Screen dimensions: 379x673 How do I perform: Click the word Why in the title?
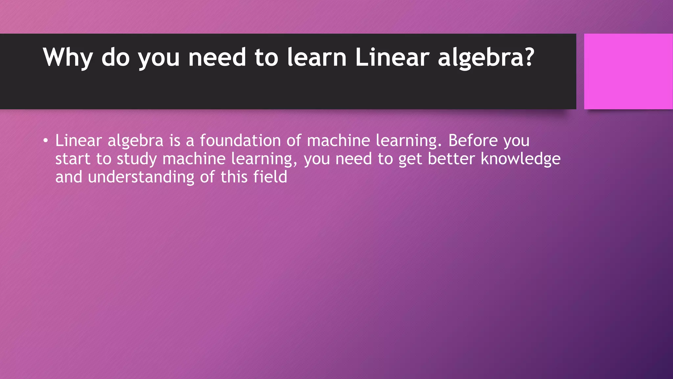click(x=68, y=58)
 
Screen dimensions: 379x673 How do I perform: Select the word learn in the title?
click(x=317, y=58)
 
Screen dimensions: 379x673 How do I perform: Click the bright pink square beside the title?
click(x=628, y=71)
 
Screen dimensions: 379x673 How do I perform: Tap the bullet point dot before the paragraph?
click(x=45, y=141)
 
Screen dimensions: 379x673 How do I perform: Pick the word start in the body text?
click(x=73, y=159)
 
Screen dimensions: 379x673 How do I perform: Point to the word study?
click(x=137, y=160)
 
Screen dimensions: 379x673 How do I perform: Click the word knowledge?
click(x=521, y=159)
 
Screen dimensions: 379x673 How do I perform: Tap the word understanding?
click(x=141, y=177)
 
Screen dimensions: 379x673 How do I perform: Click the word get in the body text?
click(x=410, y=160)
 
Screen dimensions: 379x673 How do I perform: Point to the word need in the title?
click(x=217, y=58)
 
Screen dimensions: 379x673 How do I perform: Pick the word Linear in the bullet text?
click(x=78, y=140)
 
